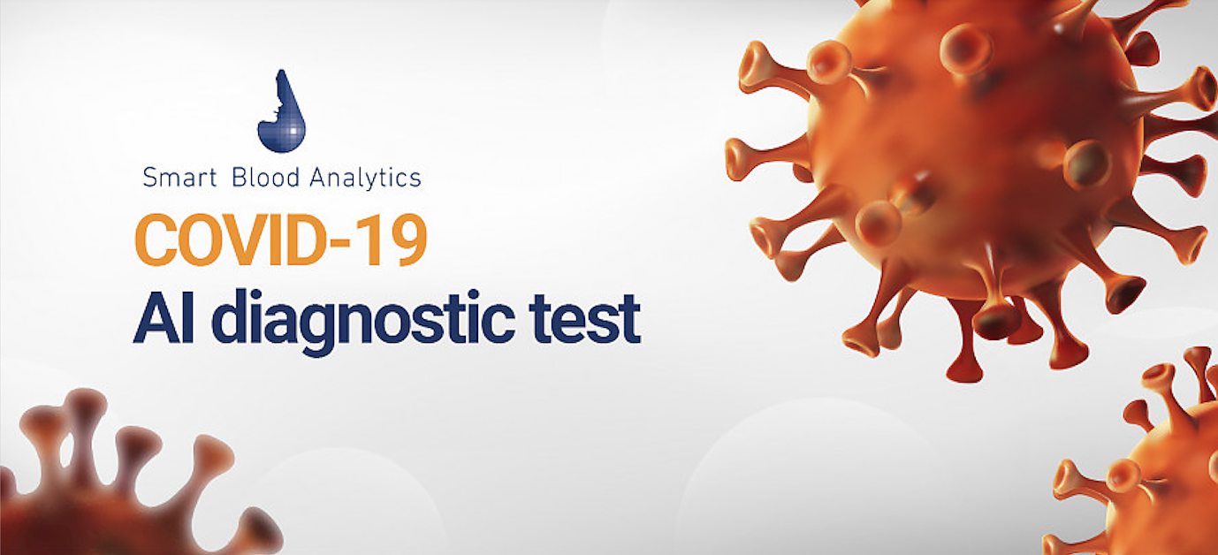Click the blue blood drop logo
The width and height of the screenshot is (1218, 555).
tap(282, 111)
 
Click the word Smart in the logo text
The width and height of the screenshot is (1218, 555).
tap(180, 179)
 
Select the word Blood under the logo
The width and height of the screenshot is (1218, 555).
tap(265, 178)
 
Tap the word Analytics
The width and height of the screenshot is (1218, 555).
tap(365, 178)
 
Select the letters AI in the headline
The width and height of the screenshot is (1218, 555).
tap(164, 318)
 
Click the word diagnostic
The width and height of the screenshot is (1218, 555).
tap(363, 322)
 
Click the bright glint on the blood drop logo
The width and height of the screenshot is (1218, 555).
tap(293, 132)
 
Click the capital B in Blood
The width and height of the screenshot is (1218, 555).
tap(239, 178)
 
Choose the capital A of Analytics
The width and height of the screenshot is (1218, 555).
tap(318, 178)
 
